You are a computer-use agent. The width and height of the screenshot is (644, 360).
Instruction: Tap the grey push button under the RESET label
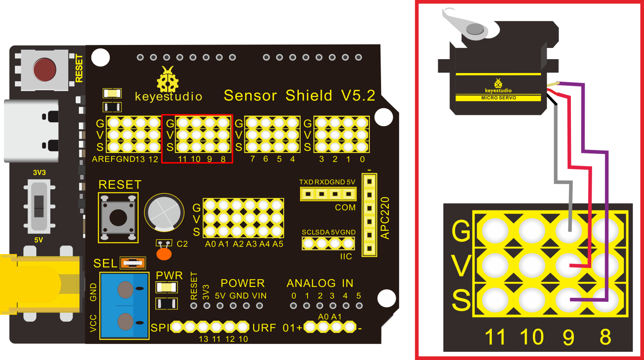click(x=118, y=217)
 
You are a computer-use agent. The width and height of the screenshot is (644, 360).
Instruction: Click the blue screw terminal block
click(x=125, y=306)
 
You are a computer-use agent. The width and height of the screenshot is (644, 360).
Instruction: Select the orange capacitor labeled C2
click(x=164, y=254)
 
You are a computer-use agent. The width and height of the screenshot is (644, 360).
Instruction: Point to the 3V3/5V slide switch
click(x=39, y=206)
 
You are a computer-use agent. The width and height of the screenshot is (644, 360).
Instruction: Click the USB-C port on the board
click(x=31, y=131)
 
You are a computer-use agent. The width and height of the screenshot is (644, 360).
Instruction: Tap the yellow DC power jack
click(x=40, y=284)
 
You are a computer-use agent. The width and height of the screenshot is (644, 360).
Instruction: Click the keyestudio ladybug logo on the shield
click(x=168, y=80)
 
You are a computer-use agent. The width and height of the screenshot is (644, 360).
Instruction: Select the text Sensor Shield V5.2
click(x=299, y=96)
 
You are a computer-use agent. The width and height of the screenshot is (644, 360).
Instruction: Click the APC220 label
click(x=384, y=218)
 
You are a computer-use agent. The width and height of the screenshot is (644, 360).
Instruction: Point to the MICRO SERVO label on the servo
click(x=499, y=98)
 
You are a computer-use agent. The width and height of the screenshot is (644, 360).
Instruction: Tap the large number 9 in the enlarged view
click(x=568, y=337)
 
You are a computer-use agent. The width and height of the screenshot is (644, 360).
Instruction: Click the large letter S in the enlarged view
click(x=461, y=300)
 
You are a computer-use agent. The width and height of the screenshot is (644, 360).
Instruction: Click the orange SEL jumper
click(x=133, y=263)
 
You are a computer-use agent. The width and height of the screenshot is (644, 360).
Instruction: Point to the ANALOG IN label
click(x=320, y=283)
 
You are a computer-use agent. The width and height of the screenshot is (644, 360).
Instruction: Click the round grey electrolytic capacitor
click(x=164, y=213)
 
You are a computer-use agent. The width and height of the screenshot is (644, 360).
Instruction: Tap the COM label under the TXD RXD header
click(x=345, y=207)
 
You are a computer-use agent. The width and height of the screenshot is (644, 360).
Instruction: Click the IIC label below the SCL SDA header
click(x=346, y=256)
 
